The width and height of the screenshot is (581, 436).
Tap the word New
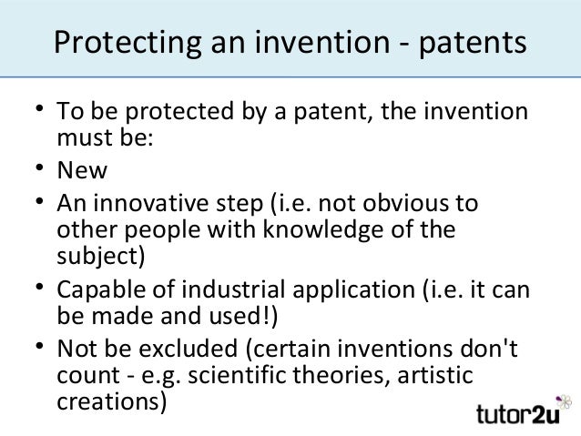(x=82, y=171)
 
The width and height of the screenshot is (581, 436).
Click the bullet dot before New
(x=40, y=169)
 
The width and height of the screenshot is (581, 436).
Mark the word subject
(x=97, y=254)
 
